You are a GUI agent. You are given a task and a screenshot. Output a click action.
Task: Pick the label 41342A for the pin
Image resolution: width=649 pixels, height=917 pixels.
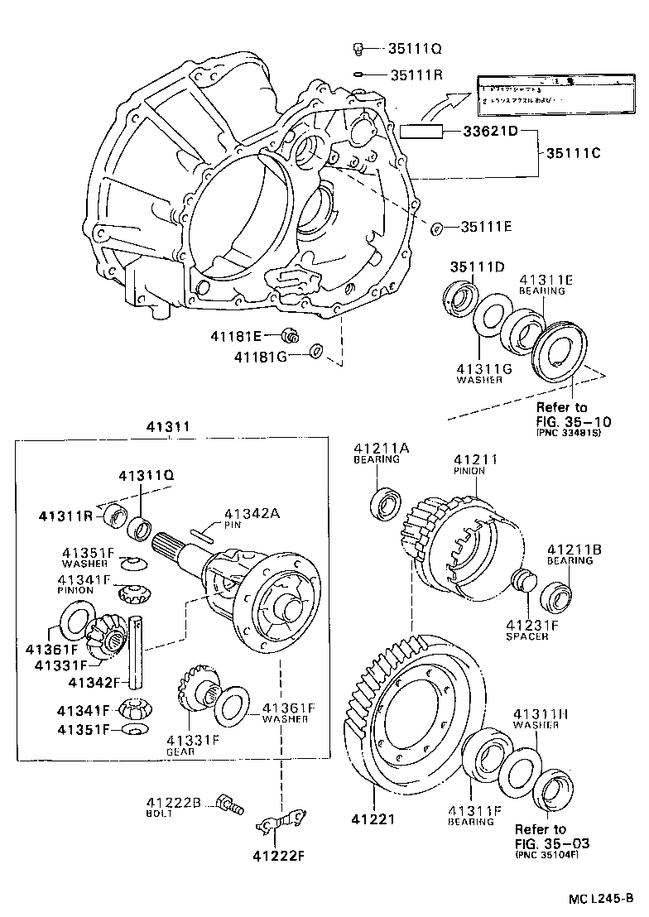252,514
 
